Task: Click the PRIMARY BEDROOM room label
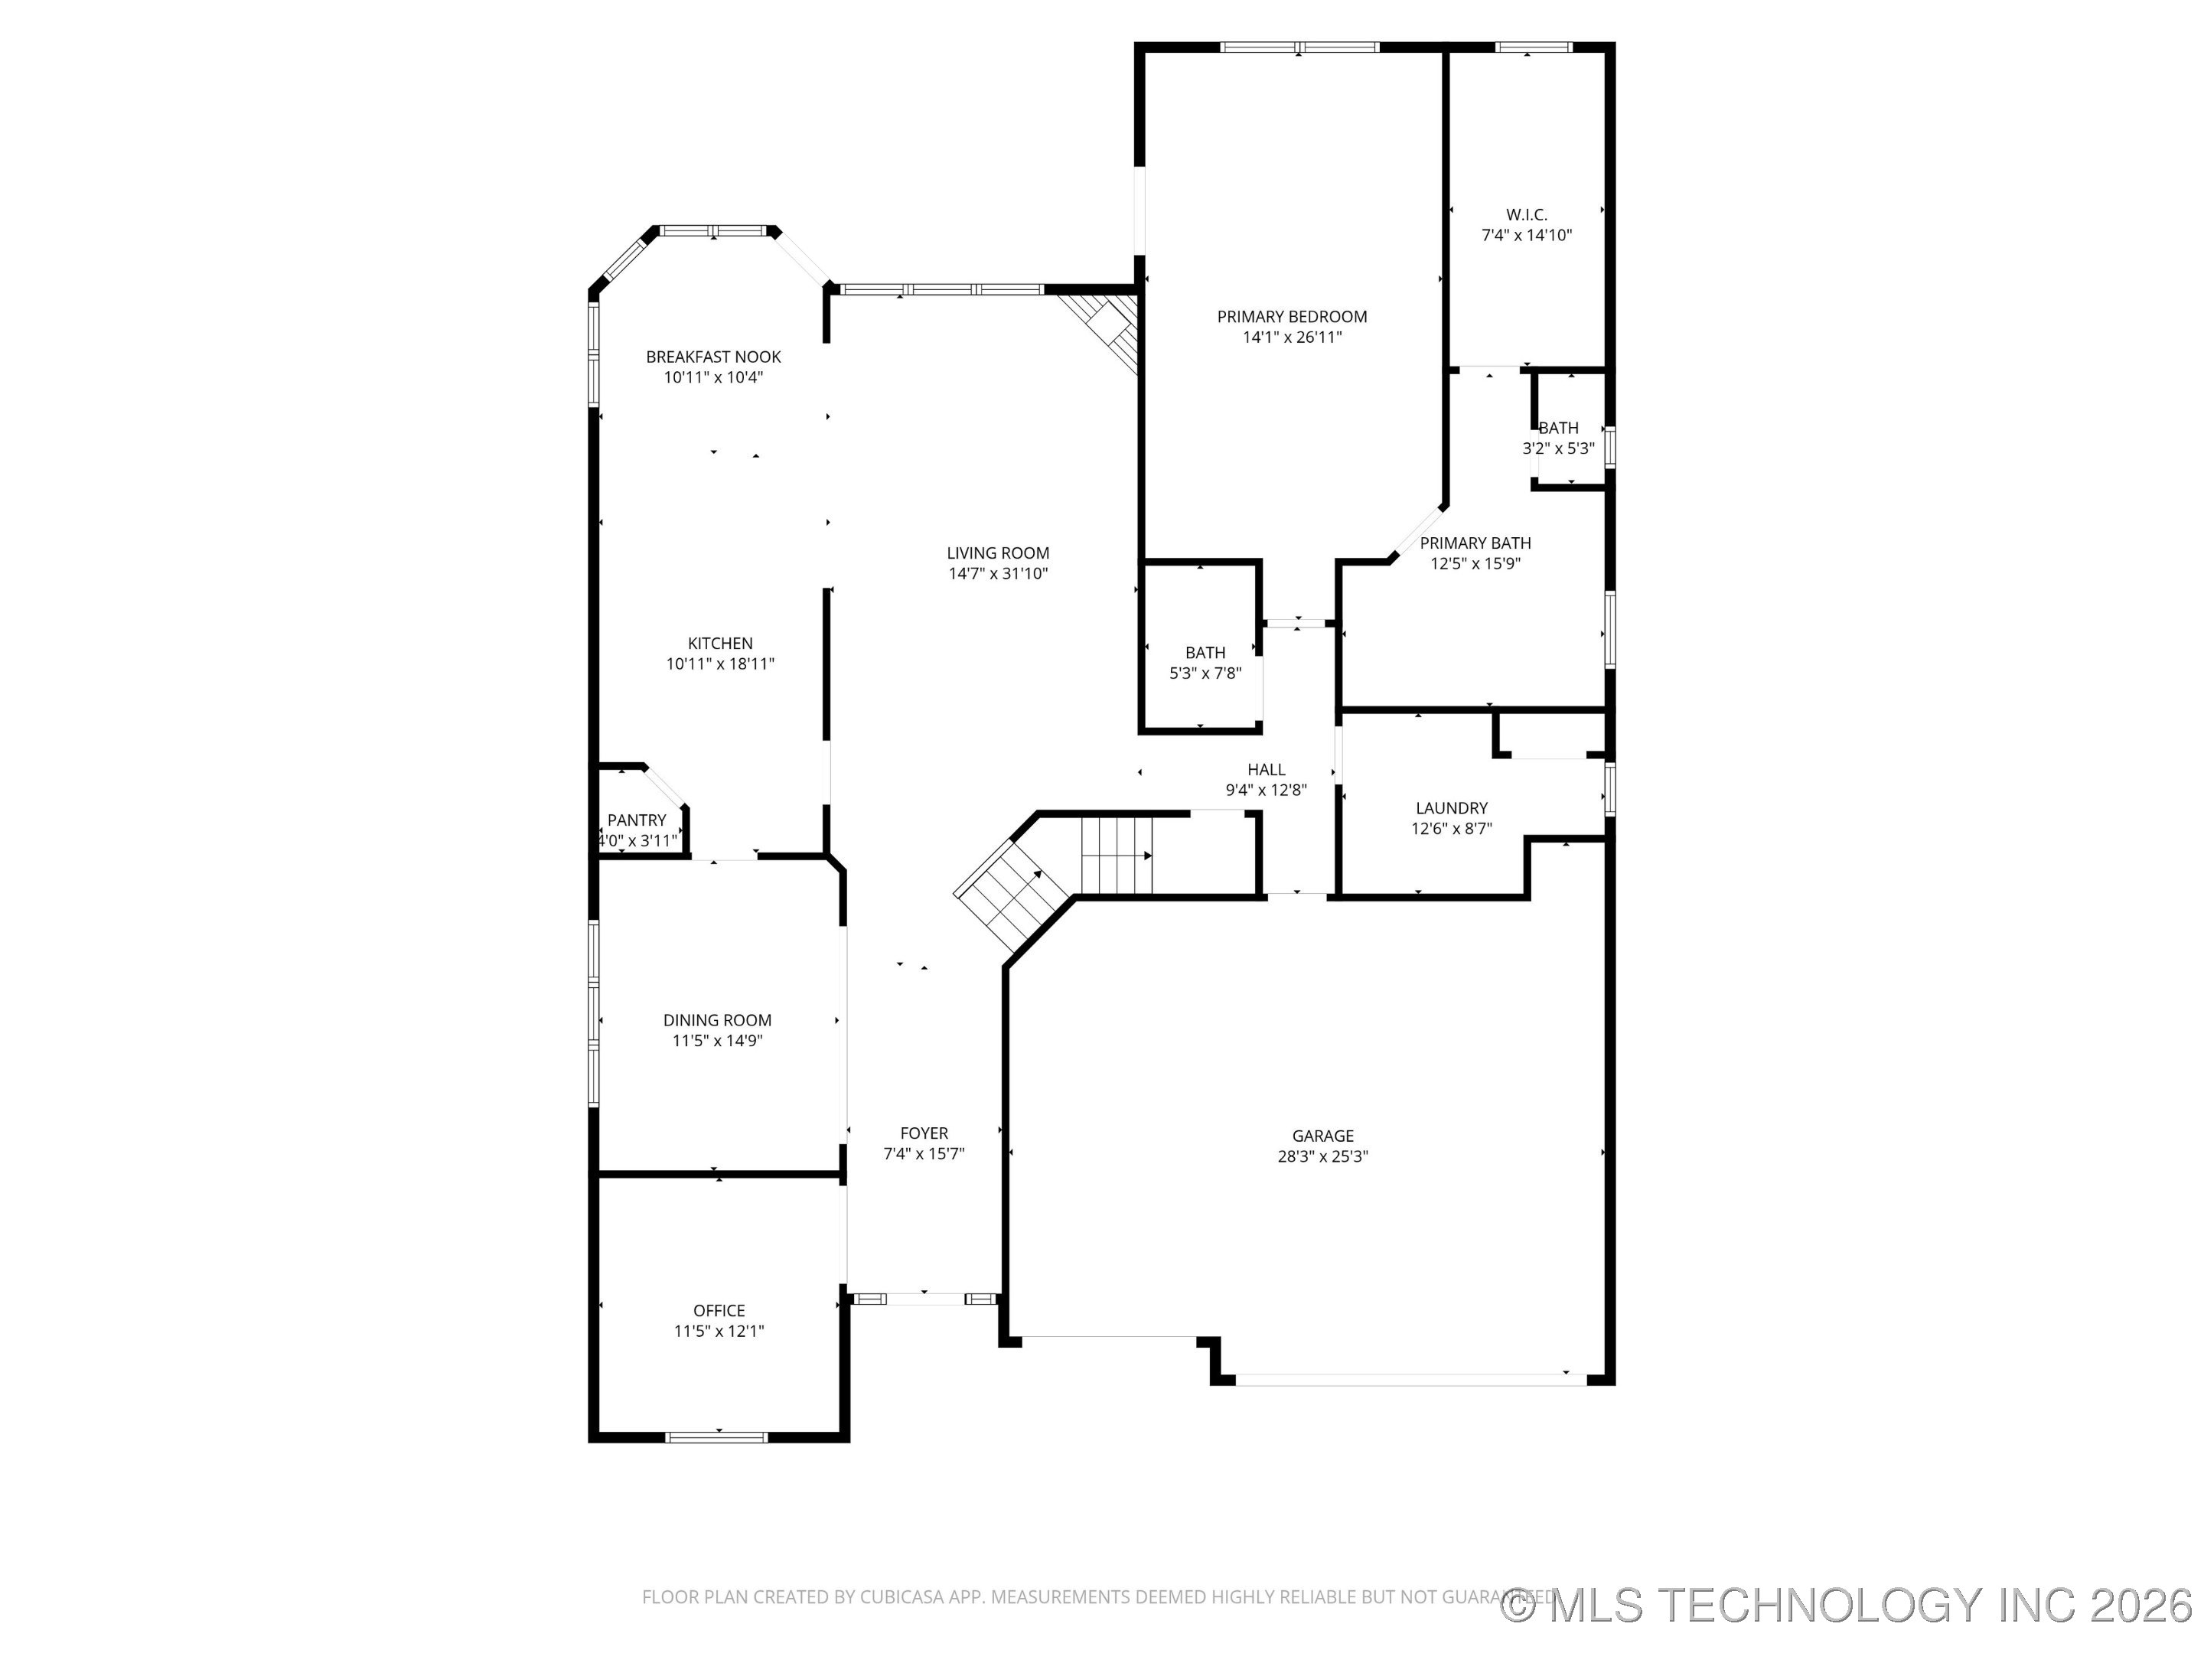(x=1291, y=317)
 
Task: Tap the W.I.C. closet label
(x=1527, y=215)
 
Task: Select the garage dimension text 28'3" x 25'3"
(x=1322, y=1157)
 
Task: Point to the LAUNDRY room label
(x=1451, y=808)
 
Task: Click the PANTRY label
(x=637, y=820)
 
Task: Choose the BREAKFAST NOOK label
(x=713, y=357)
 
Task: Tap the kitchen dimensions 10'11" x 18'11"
(x=719, y=664)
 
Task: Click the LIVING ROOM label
(x=997, y=553)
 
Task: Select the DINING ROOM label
(x=717, y=1020)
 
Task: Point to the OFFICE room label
(x=719, y=1310)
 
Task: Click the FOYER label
(x=924, y=1133)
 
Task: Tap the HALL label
(x=1266, y=769)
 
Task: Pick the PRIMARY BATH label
(x=1475, y=543)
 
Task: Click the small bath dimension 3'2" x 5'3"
(x=1558, y=449)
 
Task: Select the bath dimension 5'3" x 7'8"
(x=1205, y=673)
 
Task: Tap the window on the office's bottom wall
(x=716, y=1436)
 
